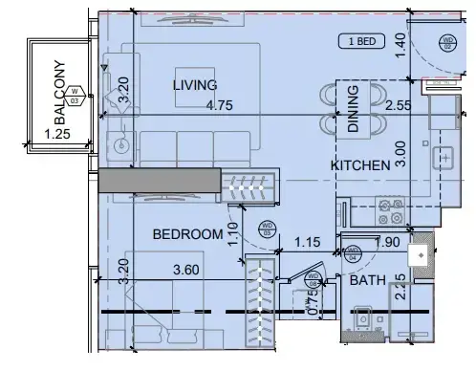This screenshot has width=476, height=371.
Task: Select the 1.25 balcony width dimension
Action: [59, 135]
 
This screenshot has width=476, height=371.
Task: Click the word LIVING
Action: [195, 86]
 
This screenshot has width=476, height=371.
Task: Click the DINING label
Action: [354, 107]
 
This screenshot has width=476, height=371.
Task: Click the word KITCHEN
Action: [360, 165]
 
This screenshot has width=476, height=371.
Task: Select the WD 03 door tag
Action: [268, 229]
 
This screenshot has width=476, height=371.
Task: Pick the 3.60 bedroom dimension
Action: [187, 272]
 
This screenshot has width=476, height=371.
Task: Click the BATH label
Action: [366, 281]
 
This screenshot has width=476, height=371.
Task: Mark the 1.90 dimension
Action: [388, 243]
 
